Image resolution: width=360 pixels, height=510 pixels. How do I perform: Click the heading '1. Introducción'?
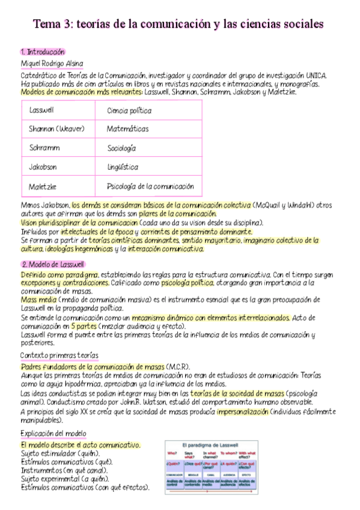(43, 52)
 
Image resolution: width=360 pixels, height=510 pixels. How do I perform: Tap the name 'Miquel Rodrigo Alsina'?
(52, 63)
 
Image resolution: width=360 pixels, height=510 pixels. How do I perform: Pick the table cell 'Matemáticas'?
(128, 129)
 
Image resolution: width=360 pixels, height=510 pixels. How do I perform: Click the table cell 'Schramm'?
(43, 147)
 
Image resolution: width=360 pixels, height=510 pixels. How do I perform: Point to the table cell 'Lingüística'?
(123, 167)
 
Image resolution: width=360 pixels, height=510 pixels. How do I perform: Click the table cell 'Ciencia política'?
(129, 111)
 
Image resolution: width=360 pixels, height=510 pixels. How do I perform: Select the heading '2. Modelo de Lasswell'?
(53, 264)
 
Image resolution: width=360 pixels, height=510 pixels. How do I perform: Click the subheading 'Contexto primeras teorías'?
(59, 355)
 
